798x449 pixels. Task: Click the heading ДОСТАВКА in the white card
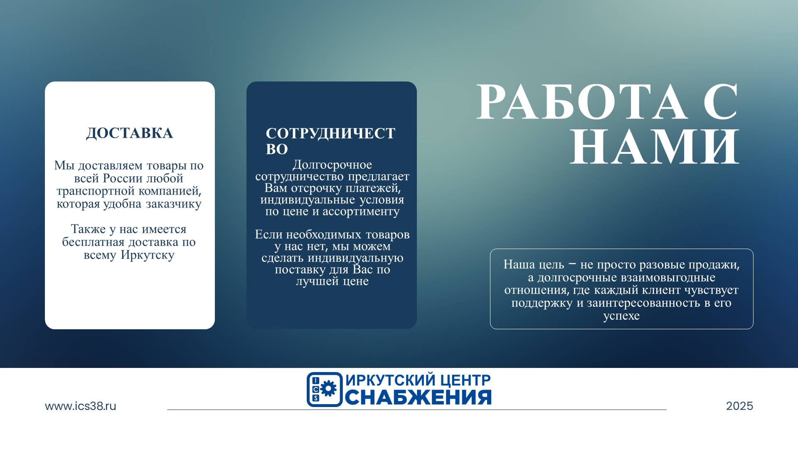tap(129, 133)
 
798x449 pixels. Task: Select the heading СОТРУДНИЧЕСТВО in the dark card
tap(330, 141)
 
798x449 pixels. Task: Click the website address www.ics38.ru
tap(81, 406)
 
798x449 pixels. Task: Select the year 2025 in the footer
tap(739, 406)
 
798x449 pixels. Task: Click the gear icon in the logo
tap(328, 389)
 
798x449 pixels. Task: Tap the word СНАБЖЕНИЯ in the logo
tap(418, 397)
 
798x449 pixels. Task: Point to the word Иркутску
tap(148, 255)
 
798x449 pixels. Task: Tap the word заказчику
tap(174, 204)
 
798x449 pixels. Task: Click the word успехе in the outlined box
tap(621, 316)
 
